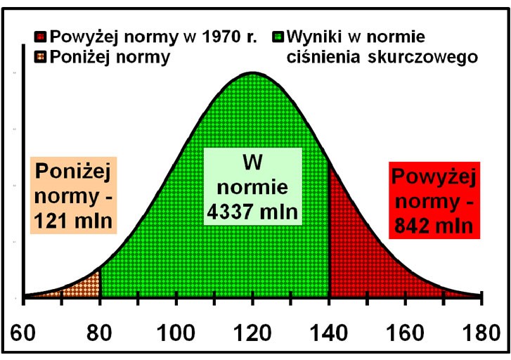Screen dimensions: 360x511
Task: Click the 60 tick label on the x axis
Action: pos(25,330)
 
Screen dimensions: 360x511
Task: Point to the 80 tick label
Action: pos(101,330)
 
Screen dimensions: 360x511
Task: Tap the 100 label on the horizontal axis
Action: pos(176,330)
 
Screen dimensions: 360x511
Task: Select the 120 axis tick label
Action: pos(252,330)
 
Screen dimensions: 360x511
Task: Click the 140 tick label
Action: pos(328,330)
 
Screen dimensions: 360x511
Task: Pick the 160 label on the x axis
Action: pos(404,330)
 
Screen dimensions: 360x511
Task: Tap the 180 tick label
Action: pos(480,330)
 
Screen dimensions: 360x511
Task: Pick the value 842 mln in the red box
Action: pos(429,226)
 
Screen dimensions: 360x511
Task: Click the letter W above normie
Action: pos(252,162)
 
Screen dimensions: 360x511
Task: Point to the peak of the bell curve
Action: pos(252,72)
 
